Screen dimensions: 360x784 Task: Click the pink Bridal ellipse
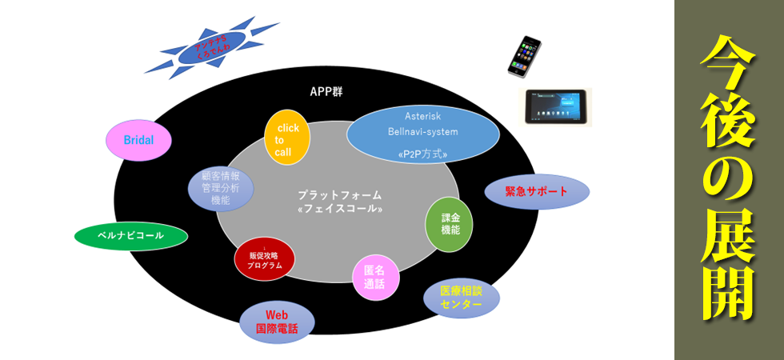[140, 140]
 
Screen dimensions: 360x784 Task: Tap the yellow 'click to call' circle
[287, 138]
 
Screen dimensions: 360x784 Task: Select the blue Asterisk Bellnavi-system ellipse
[422, 131]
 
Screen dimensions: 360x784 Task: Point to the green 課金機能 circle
[449, 224]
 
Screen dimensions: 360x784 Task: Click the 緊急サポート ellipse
[537, 192]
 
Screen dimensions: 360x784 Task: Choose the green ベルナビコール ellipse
[130, 236]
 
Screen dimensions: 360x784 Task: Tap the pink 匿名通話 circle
[376, 278]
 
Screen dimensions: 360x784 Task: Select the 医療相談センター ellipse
[462, 298]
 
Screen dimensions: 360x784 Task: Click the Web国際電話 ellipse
[277, 322]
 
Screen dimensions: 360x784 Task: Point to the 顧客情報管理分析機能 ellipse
[221, 189]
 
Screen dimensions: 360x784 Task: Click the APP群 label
[326, 91]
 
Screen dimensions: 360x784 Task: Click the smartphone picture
[524, 56]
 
